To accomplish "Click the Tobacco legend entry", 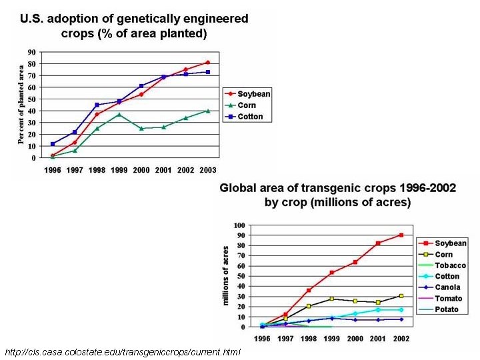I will [x=451, y=265].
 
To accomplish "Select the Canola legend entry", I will [x=449, y=287].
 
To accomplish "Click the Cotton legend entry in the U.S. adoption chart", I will [x=250, y=117].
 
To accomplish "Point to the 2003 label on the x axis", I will [x=207, y=171].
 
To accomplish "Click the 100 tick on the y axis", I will [x=240, y=225].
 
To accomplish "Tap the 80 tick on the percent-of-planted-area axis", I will [x=31, y=64].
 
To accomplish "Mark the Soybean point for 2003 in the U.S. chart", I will [x=207, y=63].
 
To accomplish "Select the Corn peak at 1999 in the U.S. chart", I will [x=119, y=115].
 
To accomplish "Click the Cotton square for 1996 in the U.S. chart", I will [x=53, y=144].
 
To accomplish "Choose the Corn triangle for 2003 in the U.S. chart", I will [x=207, y=111].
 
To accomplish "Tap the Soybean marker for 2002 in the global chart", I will [x=401, y=235].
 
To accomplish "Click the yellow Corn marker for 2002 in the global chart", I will [x=401, y=295].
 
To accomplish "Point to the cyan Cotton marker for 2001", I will [x=379, y=309].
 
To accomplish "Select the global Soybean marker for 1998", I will [x=308, y=290].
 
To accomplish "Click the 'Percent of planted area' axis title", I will [x=21, y=104].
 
